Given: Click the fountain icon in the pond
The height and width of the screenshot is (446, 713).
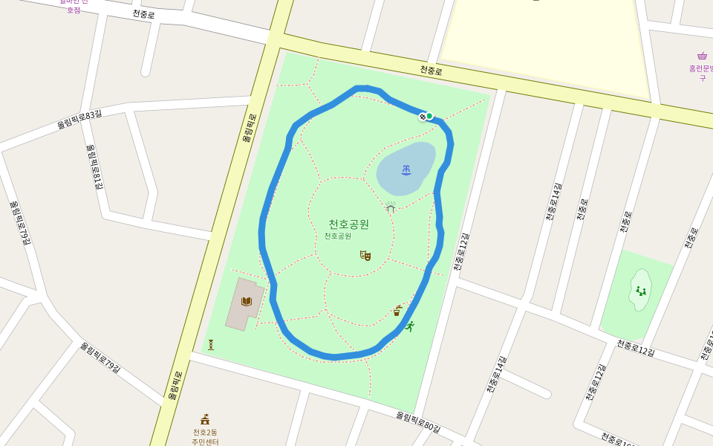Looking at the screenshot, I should tap(406, 170).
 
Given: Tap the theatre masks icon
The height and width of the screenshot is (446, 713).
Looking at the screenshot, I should tap(365, 256).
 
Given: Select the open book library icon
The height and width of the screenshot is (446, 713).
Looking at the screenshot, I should tap(247, 301).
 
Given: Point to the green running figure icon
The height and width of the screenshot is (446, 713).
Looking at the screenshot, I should tap(408, 326).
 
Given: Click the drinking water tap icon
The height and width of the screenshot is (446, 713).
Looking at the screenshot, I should tap(397, 311).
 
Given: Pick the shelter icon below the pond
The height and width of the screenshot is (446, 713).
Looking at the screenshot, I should tap(391, 207).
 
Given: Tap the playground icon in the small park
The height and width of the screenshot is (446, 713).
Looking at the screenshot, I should tap(640, 291).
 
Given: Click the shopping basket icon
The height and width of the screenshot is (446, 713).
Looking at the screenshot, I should tap(702, 56).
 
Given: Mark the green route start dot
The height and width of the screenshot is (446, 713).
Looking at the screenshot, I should tap(429, 116).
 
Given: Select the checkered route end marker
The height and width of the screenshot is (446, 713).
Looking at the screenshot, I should tap(423, 117).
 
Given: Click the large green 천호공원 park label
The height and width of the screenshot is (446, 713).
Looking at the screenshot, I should tap(348, 224).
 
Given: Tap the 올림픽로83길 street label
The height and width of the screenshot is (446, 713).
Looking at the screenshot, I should tap(79, 119).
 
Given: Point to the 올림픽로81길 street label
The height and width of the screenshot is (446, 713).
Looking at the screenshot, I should tap(95, 167).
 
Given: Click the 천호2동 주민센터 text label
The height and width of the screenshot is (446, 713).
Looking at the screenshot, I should tap(205, 437).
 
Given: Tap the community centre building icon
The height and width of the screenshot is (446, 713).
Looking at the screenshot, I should tap(205, 419).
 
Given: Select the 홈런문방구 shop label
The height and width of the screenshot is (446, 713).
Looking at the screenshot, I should tap(701, 72).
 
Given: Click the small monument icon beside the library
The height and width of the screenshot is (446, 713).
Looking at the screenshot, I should tap(211, 345).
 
